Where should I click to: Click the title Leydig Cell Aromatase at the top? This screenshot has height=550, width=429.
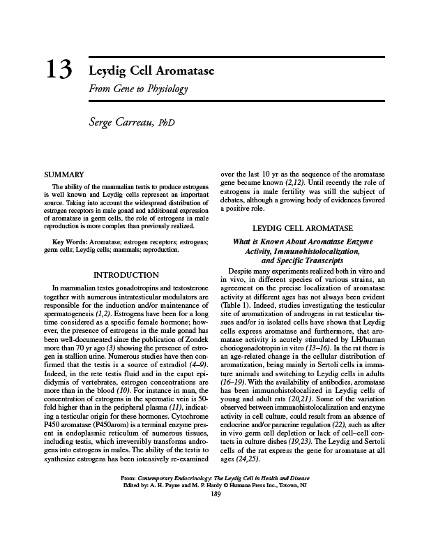point(151,73)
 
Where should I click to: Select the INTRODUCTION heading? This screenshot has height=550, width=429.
point(126,275)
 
